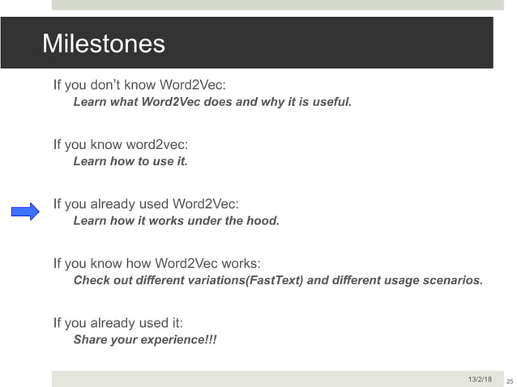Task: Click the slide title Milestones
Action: (103, 43)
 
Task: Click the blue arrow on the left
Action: (25, 212)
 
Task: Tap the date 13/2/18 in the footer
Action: (480, 379)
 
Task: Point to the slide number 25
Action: (509, 380)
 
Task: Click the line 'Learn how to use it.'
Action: (130, 162)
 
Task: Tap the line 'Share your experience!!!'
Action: (145, 340)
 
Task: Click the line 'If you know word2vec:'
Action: (121, 144)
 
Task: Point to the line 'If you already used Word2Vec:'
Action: (146, 203)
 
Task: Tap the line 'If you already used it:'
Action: (118, 322)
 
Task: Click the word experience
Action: (168, 340)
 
